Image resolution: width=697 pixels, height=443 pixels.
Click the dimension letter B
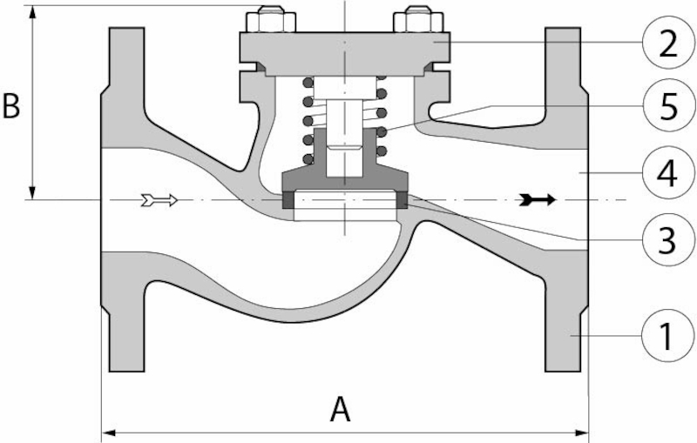coord(12,107)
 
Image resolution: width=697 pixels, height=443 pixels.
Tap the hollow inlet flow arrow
coord(159,201)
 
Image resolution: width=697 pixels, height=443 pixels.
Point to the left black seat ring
coord(288,200)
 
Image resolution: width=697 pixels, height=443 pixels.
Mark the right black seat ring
coord(402,200)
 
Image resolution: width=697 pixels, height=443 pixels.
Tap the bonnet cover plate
coord(344,45)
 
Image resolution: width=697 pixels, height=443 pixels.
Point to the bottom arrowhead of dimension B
coord(33,193)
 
